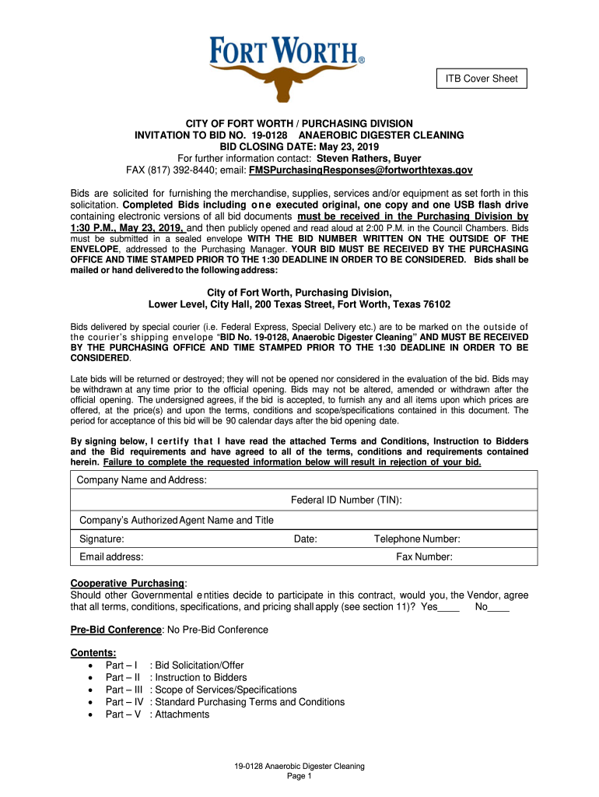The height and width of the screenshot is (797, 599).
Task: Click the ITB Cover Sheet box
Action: pos(481,79)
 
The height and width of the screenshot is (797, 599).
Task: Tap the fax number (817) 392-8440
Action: pos(184,170)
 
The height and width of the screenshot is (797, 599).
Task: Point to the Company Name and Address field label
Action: pos(142,480)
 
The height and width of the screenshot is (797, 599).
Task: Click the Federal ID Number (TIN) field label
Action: pos(346,500)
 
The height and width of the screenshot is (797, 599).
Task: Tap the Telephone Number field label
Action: pos(417,539)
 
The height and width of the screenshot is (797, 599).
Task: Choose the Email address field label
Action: pos(111,556)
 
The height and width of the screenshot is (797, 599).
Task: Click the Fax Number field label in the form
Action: pos(425,556)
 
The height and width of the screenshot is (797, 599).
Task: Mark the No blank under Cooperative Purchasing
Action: pos(498,608)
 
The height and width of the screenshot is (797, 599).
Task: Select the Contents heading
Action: pos(93,652)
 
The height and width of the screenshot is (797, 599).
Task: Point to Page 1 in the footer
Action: pos(299,776)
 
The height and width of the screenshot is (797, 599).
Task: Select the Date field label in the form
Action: pos(305,539)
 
